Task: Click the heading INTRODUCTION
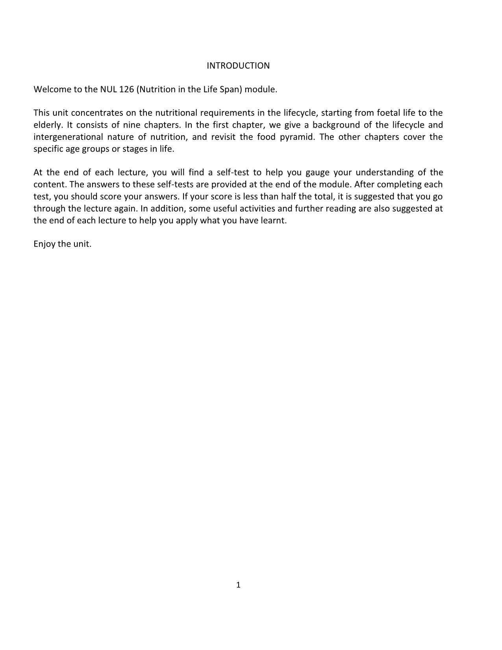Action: point(238,66)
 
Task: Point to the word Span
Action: point(229,89)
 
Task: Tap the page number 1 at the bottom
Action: point(238,585)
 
